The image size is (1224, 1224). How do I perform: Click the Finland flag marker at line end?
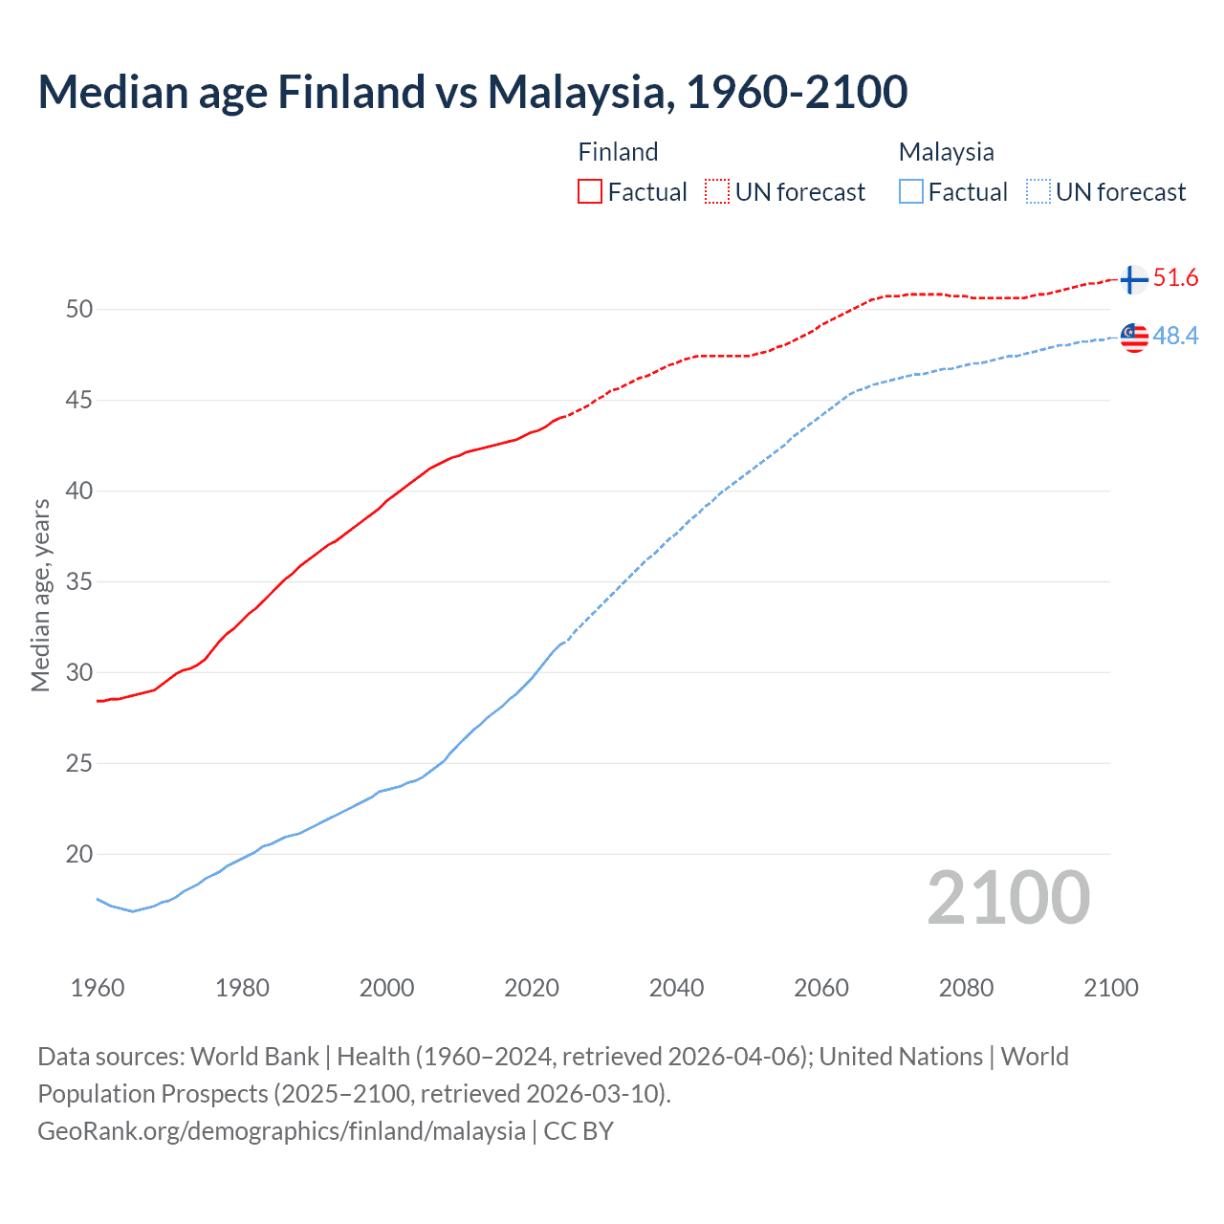(x=1132, y=279)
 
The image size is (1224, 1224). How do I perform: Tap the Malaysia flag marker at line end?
(x=1133, y=338)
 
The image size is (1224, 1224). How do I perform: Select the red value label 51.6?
(x=1175, y=278)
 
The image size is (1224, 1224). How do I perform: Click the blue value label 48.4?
(x=1175, y=337)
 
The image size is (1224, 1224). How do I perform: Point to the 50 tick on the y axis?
(x=79, y=309)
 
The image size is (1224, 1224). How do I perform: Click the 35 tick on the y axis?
(x=79, y=581)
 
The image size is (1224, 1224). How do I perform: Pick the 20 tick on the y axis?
(x=79, y=854)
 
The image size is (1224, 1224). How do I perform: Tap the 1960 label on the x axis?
(x=98, y=988)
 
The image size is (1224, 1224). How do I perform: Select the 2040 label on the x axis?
(x=676, y=988)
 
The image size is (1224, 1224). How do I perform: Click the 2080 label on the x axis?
(x=966, y=988)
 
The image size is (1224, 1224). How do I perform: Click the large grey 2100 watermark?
(x=1008, y=898)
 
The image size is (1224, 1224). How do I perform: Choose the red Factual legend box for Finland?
(x=590, y=192)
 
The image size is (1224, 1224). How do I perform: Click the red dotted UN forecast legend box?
(x=717, y=192)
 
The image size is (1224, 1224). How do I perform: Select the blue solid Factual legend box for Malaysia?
(x=911, y=192)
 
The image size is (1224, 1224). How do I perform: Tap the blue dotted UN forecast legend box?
(x=1038, y=192)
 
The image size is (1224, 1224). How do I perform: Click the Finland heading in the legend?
(x=618, y=152)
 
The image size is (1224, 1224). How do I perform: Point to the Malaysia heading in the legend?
(x=946, y=152)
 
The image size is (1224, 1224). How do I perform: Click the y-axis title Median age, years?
(x=41, y=595)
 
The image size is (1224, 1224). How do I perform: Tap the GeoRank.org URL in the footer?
(x=281, y=1131)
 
